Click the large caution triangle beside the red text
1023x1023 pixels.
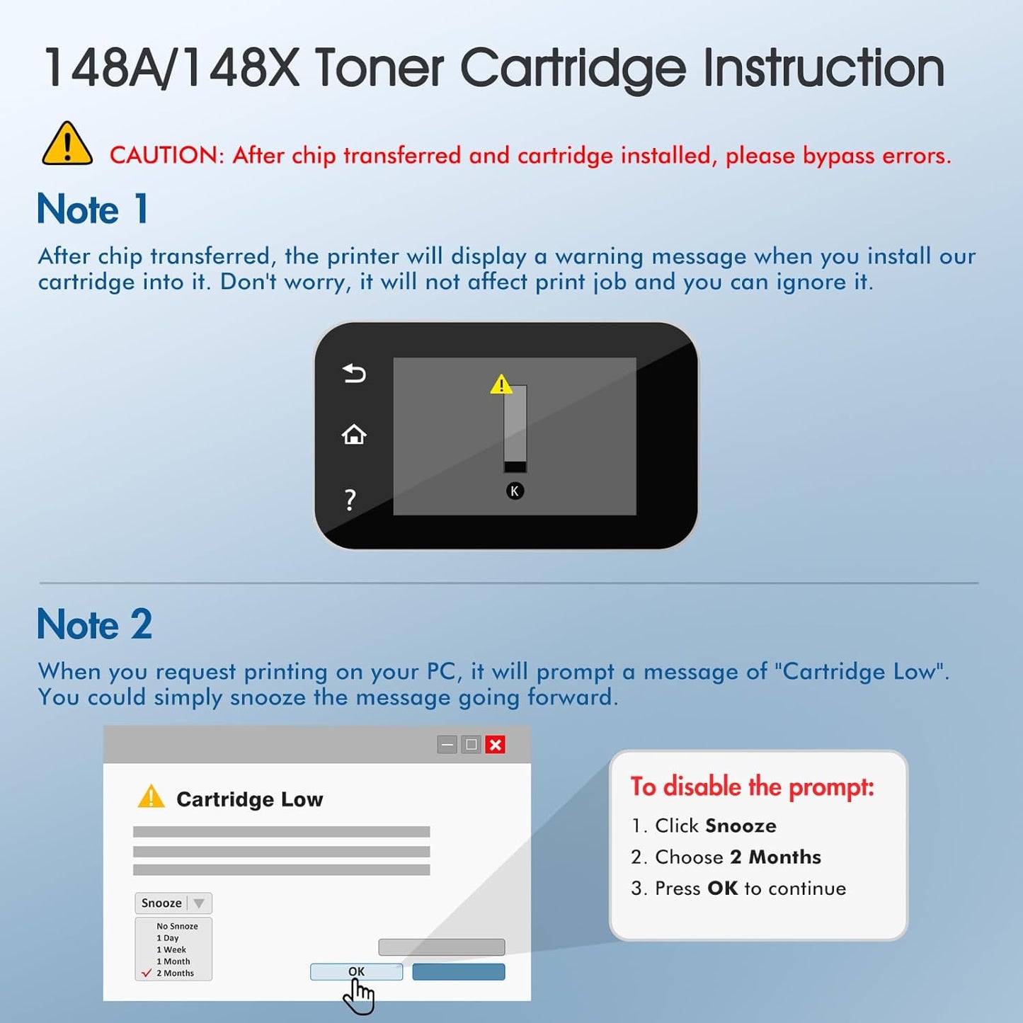[x=67, y=144]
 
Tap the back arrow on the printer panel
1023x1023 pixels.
[x=354, y=373]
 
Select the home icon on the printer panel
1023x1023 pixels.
[x=354, y=435]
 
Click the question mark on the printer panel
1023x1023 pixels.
[x=350, y=500]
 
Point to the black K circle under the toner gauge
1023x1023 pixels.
[x=515, y=491]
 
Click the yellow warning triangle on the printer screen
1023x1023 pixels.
[x=501, y=384]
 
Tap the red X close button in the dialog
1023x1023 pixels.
[x=496, y=745]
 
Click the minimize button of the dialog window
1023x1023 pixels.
[x=447, y=745]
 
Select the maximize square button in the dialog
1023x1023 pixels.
[x=471, y=745]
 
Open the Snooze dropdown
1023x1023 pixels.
[x=173, y=903]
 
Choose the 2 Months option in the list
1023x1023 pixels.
[x=175, y=973]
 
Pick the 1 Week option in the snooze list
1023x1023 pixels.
[x=171, y=950]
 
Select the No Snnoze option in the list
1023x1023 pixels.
[x=177, y=926]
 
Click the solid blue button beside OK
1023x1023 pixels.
[x=459, y=972]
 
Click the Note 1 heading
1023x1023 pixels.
[x=93, y=210]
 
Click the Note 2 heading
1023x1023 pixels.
[x=95, y=624]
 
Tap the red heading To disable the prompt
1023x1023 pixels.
[x=753, y=787]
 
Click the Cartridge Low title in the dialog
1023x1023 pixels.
[x=249, y=799]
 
